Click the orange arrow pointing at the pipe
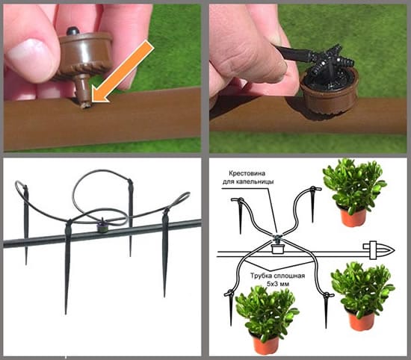click(x=123, y=71)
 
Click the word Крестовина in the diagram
click(x=244, y=173)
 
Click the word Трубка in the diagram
click(x=260, y=276)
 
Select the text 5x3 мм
click(x=277, y=284)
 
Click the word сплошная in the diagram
click(x=289, y=276)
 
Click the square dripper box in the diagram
click(x=277, y=249)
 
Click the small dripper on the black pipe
click(x=102, y=226)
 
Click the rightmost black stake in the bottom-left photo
click(x=165, y=252)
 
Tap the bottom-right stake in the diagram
click(x=326, y=310)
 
